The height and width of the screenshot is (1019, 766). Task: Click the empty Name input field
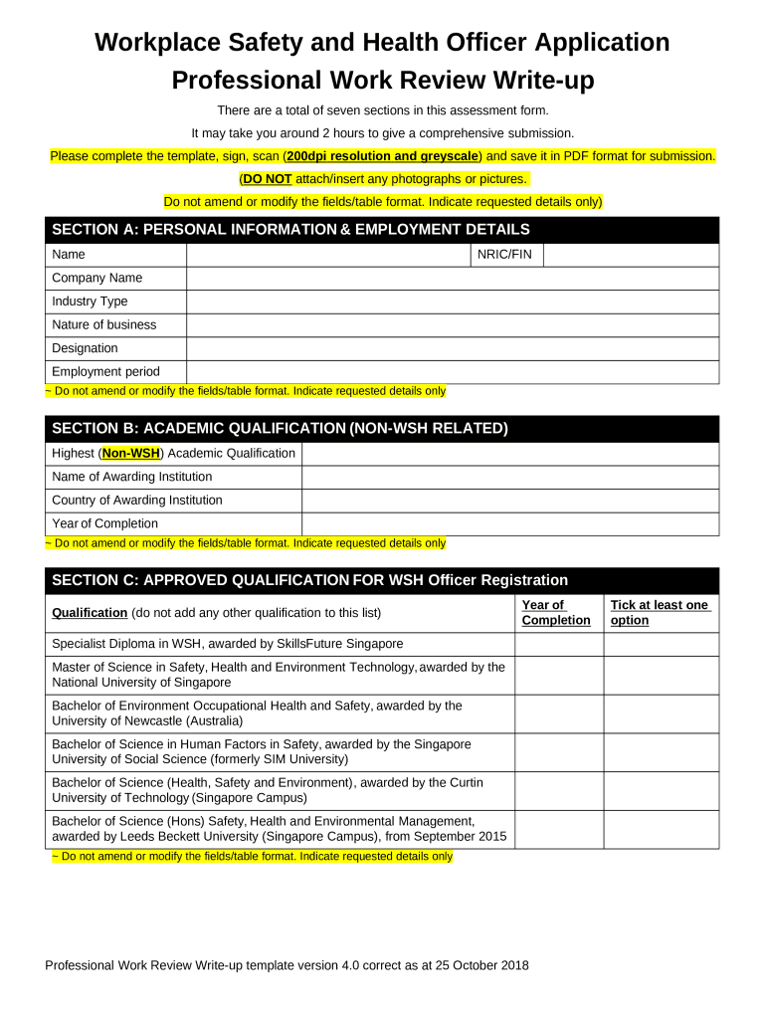click(x=328, y=255)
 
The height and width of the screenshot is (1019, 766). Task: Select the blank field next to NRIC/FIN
click(x=630, y=255)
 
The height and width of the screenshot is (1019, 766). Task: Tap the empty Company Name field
click(x=452, y=279)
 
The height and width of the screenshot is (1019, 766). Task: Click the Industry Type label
click(x=90, y=302)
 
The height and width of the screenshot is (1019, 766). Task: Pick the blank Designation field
click(x=452, y=348)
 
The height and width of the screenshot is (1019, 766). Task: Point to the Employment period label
click(x=105, y=372)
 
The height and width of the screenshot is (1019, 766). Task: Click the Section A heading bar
click(x=382, y=230)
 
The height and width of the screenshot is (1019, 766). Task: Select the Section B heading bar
click(x=382, y=429)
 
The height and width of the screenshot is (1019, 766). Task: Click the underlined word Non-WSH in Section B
click(x=132, y=454)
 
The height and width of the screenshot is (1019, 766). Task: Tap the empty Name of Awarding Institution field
click(x=509, y=478)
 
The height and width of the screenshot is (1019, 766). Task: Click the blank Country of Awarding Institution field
click(x=509, y=501)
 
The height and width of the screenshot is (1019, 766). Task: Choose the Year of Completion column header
click(x=556, y=613)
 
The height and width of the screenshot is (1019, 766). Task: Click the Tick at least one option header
click(x=660, y=613)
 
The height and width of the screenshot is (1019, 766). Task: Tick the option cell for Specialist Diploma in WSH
click(x=661, y=644)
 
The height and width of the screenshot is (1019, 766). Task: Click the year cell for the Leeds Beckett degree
click(x=558, y=829)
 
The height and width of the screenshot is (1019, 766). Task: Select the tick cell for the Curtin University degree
click(x=661, y=790)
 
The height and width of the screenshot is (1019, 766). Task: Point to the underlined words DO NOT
click(x=267, y=179)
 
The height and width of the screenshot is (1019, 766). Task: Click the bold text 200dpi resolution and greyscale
click(x=383, y=156)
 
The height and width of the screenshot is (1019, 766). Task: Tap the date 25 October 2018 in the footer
click(x=480, y=965)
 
